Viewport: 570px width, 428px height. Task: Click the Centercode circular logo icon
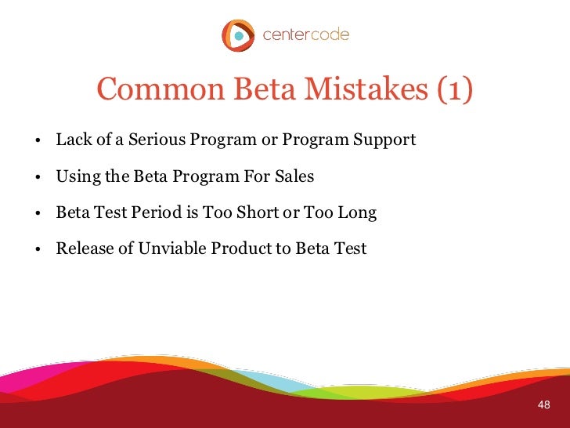(x=238, y=35)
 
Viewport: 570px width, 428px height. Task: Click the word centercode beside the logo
(x=305, y=35)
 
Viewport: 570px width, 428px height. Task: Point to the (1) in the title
(x=455, y=91)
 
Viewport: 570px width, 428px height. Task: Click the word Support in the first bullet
(x=385, y=140)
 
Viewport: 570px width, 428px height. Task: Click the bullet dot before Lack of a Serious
(x=38, y=142)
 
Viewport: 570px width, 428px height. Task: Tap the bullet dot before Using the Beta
(x=38, y=178)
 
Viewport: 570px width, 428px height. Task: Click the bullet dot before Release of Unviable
(x=38, y=250)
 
